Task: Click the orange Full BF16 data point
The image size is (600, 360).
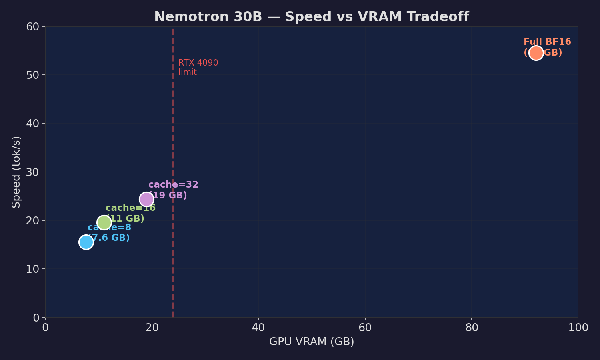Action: coord(536,53)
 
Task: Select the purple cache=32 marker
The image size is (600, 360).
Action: coord(147,199)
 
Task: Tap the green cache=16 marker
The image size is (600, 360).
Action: coord(104,222)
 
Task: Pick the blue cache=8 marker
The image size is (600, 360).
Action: coord(86,242)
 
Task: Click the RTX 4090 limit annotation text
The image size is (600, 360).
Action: coord(198,67)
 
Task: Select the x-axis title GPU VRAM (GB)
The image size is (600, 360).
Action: coord(311,342)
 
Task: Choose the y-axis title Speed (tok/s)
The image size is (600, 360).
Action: coord(16,172)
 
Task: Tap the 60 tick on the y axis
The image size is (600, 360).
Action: coord(33,27)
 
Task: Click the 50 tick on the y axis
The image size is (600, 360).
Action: coord(33,75)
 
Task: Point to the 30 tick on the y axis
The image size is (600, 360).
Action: coord(33,172)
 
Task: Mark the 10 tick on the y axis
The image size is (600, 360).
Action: coord(33,269)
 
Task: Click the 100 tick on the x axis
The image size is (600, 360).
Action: coord(578,328)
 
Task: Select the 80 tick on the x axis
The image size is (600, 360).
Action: coord(472,328)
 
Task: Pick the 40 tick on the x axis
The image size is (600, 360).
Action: coord(258,328)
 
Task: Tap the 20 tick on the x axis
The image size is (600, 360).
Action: coord(152,328)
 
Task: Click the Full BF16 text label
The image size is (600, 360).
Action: coord(547,42)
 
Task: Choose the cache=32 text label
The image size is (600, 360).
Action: coord(173,185)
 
